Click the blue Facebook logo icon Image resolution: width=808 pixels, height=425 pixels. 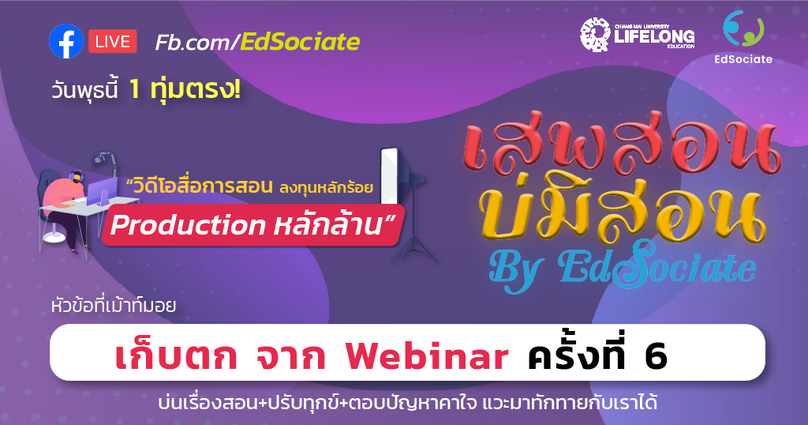[x=65, y=41]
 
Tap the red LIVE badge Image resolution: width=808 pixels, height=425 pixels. [x=113, y=41]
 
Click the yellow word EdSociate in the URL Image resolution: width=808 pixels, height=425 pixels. [x=300, y=41]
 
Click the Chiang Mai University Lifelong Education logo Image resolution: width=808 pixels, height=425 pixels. [x=637, y=35]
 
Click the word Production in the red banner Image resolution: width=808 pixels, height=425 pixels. [x=188, y=225]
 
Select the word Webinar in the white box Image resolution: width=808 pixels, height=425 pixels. [x=426, y=358]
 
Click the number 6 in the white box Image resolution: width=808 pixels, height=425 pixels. [x=655, y=358]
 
